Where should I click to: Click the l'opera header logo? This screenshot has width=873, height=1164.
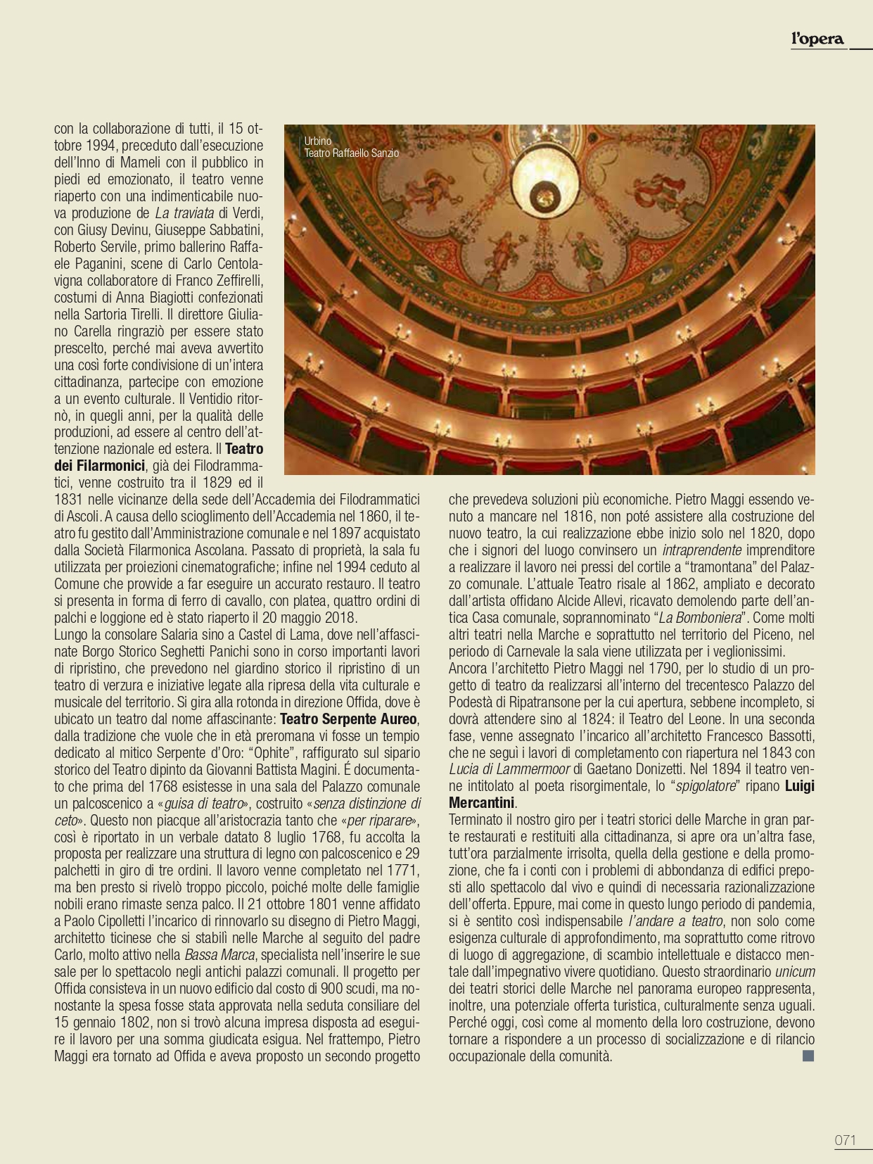point(817,39)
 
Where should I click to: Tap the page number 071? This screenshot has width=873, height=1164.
point(846,1140)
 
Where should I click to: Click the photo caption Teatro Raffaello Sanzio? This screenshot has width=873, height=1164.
point(351,153)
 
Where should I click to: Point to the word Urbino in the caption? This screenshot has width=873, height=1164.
point(317,141)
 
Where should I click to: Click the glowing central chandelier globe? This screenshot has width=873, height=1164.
point(544,194)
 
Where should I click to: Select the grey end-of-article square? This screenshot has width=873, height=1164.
point(808,1056)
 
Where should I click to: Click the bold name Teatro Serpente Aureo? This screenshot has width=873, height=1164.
point(348,719)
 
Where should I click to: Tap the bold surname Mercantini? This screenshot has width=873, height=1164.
point(482,803)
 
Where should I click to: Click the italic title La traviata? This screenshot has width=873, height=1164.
point(184,213)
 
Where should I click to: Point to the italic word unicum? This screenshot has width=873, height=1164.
point(795,972)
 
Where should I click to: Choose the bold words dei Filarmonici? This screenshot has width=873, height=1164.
point(99,466)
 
